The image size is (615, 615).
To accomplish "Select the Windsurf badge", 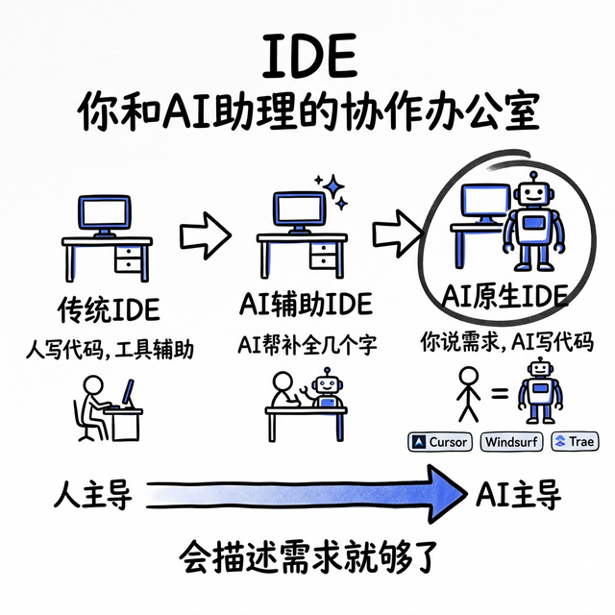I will click(x=511, y=442).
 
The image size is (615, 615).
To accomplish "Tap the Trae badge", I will click(x=574, y=442).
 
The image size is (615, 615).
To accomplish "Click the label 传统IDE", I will click(x=108, y=309).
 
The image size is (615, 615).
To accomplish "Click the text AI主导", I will click(x=518, y=495).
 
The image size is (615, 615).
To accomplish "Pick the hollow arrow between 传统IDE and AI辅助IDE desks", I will click(x=205, y=232).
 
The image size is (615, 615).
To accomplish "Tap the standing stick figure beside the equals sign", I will click(x=469, y=392).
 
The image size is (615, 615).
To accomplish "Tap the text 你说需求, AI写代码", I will click(x=506, y=340).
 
